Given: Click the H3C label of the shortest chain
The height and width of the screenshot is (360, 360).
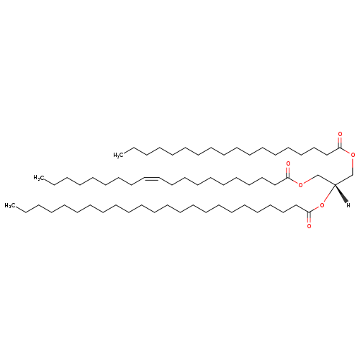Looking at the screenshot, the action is (x=118, y=156).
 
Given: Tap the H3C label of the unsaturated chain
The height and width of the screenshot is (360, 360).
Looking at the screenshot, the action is (x=38, y=178).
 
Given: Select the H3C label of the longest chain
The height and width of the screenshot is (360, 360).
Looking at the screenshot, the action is (x=9, y=205).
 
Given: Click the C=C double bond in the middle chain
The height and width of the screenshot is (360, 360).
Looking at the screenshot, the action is (x=151, y=179).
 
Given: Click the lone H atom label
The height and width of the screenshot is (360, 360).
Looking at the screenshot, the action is (x=348, y=205).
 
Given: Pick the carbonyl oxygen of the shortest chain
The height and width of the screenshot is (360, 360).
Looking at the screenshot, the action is (x=340, y=134).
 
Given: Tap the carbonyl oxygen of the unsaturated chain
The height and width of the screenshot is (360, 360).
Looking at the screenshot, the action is (x=288, y=164).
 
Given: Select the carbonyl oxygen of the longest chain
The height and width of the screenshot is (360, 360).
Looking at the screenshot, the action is (x=309, y=226).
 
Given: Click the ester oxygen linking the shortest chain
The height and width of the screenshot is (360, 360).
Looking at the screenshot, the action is (x=353, y=155).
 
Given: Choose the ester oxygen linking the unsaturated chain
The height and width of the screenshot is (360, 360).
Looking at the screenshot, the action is (x=300, y=184).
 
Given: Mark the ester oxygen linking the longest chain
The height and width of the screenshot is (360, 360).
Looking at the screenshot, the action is (x=322, y=205).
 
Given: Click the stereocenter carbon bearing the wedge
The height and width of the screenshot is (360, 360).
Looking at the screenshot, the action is (x=335, y=184).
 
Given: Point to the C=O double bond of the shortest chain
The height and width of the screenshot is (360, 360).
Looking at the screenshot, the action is (x=340, y=143).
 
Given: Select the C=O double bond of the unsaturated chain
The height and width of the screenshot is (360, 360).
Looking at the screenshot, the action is (x=288, y=172).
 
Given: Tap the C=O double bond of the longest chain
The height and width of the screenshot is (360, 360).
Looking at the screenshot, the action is (x=309, y=217).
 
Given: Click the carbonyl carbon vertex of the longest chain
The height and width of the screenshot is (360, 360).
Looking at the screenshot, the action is (x=309, y=212).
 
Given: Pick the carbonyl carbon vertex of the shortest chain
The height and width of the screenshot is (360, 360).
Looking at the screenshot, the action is (x=340, y=148).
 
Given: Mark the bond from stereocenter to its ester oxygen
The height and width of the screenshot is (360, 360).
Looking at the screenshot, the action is (x=329, y=194).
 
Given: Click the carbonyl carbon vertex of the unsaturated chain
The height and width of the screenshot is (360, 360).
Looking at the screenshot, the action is (x=288, y=178).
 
